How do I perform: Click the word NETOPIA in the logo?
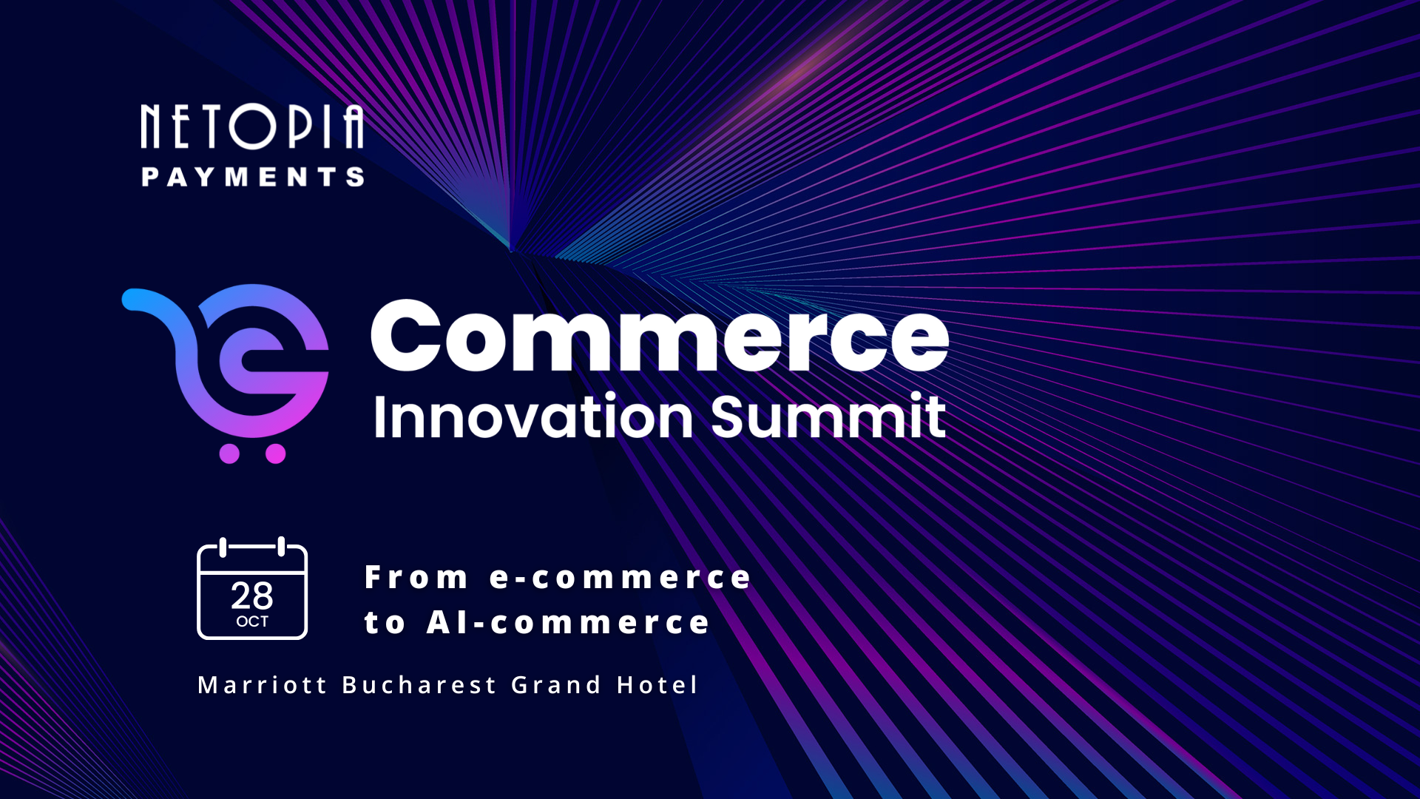[251, 127]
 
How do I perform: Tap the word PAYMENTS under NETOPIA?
[252, 177]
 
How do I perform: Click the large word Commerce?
[659, 336]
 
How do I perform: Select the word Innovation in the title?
[532, 417]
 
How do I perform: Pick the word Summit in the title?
[828, 417]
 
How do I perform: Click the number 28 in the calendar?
[251, 596]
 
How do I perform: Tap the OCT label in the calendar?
[252, 621]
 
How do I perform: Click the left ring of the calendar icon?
[223, 547]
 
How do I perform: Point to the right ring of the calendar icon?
[281, 547]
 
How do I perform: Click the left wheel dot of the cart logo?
[229, 454]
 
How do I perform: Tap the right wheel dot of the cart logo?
[276, 454]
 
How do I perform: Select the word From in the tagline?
[416, 578]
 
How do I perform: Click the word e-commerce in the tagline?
[620, 578]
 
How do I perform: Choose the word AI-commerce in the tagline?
[567, 623]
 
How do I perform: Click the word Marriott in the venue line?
[262, 685]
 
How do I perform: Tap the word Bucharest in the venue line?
[419, 685]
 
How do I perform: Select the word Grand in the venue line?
[556, 685]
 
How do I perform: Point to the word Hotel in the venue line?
[657, 685]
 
